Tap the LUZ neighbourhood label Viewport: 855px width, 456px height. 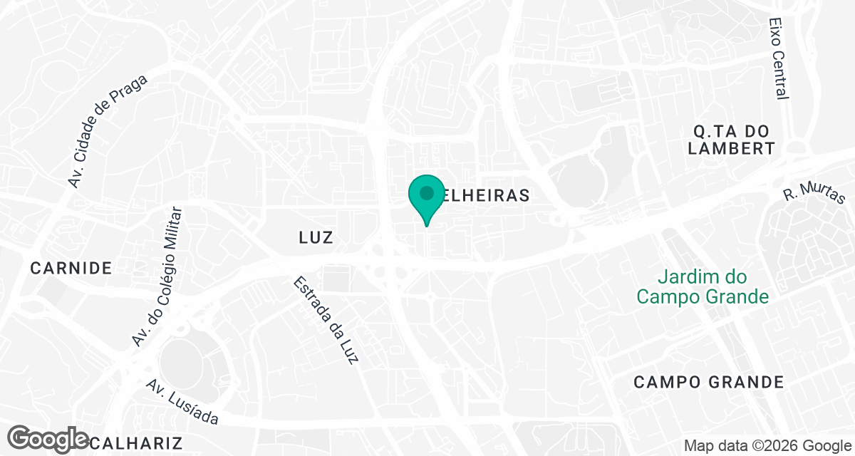(x=316, y=237)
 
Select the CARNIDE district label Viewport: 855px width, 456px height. (x=71, y=268)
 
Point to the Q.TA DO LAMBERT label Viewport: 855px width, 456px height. (x=733, y=140)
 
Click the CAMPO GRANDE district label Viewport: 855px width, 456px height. (x=709, y=382)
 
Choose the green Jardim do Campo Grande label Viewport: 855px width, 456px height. (x=703, y=286)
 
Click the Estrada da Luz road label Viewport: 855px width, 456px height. (x=325, y=321)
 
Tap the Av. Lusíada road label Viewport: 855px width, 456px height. (x=182, y=403)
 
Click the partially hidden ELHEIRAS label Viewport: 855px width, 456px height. (x=484, y=195)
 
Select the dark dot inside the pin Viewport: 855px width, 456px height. (x=426, y=192)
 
